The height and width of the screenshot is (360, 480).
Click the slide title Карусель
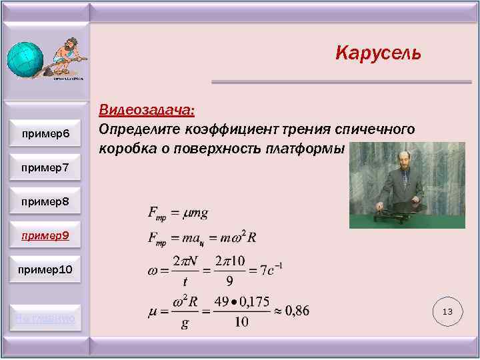[x=378, y=53]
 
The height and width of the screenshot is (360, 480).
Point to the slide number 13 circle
[x=447, y=311]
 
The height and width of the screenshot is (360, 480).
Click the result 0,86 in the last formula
[x=294, y=311]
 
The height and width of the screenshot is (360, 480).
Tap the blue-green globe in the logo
[x=25, y=62]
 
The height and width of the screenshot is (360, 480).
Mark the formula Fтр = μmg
[x=177, y=213]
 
